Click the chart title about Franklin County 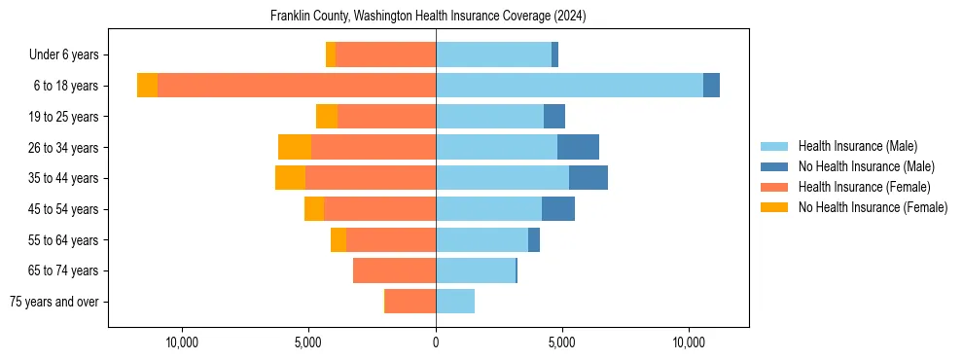coord(428,16)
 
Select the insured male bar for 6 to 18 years coord(569,86)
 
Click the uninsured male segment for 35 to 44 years coord(588,178)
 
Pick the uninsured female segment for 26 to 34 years coord(295,147)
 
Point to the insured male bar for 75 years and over coord(455,302)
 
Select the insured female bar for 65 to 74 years coord(394,270)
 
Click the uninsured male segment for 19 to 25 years coord(554,117)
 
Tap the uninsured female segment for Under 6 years coord(331,54)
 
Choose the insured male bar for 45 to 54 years coord(488,209)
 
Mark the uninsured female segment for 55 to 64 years coord(339,239)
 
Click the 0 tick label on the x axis coord(436,342)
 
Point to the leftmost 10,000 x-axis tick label coord(183,342)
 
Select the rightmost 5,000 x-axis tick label coord(562,342)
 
